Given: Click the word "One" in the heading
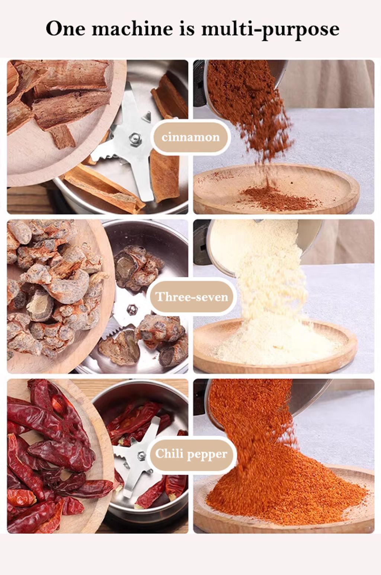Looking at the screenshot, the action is [65, 29].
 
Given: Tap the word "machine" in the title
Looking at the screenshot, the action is [132, 29].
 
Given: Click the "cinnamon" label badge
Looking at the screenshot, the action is [190, 137].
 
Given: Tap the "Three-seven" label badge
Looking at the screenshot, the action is [191, 297].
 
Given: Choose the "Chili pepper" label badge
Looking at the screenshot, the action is [191, 454].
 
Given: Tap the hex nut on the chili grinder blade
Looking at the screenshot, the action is [141, 456].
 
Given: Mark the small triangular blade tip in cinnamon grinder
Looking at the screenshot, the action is [147, 117].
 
